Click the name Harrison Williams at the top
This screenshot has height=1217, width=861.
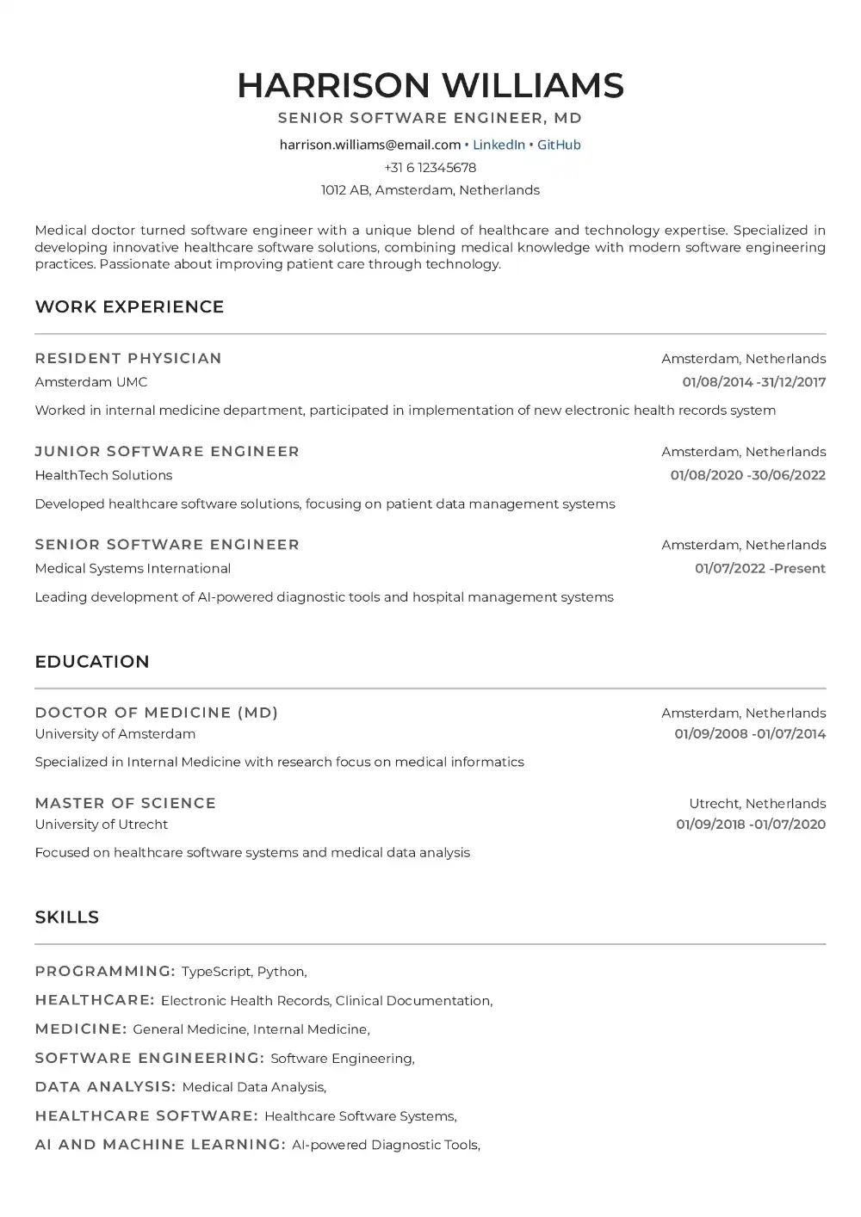point(430,85)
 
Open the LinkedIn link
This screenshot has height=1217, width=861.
point(499,145)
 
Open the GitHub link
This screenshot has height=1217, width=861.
point(559,145)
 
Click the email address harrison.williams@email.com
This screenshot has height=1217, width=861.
point(370,145)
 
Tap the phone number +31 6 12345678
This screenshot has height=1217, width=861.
point(430,168)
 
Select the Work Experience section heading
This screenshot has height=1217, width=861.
point(129,307)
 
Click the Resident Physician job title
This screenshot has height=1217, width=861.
point(128,359)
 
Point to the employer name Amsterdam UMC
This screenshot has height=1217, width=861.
point(91,382)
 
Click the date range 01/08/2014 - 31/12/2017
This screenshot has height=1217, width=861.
point(753,382)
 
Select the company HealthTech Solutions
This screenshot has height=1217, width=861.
point(103,475)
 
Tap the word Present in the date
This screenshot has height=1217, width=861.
point(800,568)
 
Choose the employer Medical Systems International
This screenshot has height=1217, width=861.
point(133,568)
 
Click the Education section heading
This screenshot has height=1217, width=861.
point(92,662)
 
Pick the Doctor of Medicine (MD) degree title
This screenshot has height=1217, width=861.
point(157,713)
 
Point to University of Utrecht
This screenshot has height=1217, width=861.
point(102,825)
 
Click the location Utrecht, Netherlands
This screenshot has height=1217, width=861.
point(757,804)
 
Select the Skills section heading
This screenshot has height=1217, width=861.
point(67,917)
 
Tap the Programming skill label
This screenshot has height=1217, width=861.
point(105,972)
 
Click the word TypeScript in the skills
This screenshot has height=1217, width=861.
point(216,972)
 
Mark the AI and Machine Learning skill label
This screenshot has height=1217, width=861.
point(160,1145)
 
